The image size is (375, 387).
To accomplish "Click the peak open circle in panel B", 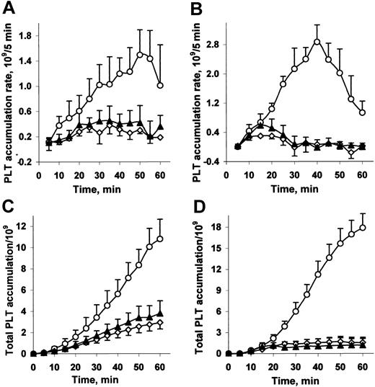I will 317,41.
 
